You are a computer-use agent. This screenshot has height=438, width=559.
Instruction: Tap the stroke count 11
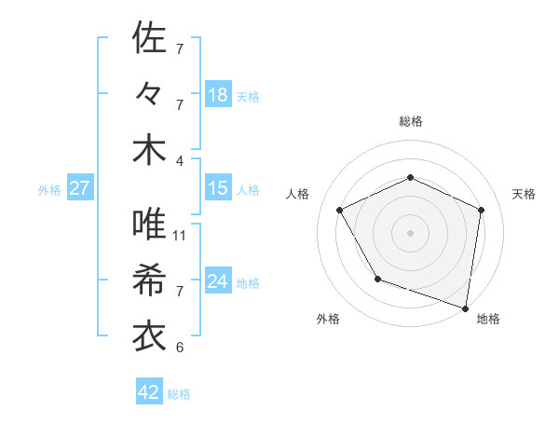click(x=180, y=236)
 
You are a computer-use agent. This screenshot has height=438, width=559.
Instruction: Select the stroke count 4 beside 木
click(x=180, y=159)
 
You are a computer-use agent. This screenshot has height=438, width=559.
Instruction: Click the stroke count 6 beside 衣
click(x=180, y=348)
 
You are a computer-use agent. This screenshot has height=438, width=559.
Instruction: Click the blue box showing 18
click(x=218, y=95)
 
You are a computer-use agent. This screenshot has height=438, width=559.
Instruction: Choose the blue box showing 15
click(x=218, y=188)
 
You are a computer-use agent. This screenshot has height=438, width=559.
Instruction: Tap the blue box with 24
click(x=218, y=281)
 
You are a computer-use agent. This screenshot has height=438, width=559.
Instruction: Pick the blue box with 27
click(x=79, y=188)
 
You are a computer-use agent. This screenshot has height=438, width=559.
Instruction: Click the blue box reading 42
click(x=149, y=392)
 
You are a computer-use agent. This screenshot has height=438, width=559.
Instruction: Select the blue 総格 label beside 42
click(x=179, y=394)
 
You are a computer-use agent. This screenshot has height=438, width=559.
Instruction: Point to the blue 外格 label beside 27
click(x=49, y=190)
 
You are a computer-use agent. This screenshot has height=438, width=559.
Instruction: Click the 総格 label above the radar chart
click(x=411, y=121)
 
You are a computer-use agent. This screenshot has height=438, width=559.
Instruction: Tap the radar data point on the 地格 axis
click(x=466, y=307)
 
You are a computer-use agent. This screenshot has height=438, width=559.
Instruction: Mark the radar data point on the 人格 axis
click(x=340, y=210)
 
